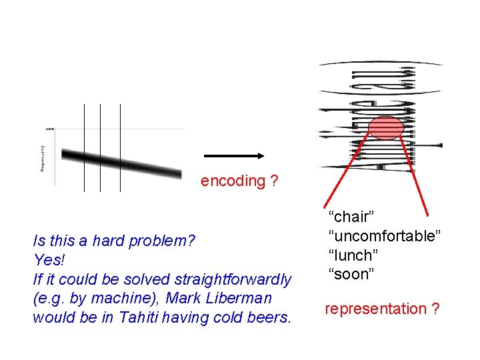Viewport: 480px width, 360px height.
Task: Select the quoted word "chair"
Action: tap(351, 217)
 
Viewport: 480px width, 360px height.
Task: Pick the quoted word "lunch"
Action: tap(353, 255)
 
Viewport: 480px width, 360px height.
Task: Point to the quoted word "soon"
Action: tap(351, 275)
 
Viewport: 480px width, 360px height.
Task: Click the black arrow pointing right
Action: tap(233, 156)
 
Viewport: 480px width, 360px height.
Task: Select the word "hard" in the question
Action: tap(110, 241)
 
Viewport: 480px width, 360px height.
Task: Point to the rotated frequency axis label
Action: tap(43, 158)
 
